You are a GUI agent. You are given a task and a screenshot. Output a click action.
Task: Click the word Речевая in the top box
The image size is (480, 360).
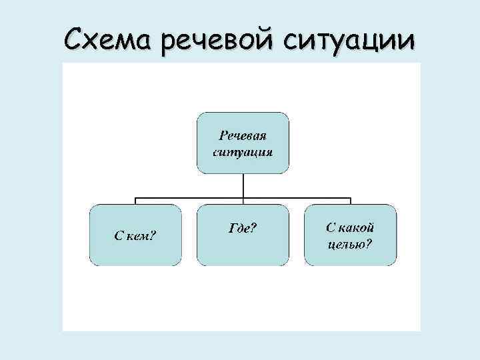click(x=243, y=136)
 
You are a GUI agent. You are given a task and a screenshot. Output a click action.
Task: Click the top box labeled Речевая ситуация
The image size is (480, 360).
click(x=243, y=143)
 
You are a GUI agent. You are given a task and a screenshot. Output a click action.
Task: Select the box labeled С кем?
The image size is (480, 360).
click(x=136, y=235)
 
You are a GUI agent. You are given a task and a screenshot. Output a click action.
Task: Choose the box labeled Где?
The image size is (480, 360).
click(x=243, y=235)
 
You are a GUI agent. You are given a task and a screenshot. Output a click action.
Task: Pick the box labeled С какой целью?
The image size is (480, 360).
click(x=350, y=235)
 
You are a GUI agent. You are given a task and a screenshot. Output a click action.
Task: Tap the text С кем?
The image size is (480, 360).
click(x=135, y=235)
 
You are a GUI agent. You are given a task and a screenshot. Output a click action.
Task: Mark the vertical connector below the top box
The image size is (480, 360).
click(x=243, y=186)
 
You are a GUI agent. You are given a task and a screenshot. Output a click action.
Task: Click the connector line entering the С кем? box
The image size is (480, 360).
click(x=136, y=201)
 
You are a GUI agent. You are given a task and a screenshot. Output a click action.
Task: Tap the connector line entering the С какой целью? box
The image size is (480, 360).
click(x=350, y=201)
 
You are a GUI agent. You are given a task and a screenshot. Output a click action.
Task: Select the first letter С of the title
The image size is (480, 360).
click(x=76, y=35)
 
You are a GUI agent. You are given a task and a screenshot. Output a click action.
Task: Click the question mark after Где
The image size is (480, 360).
click(x=254, y=229)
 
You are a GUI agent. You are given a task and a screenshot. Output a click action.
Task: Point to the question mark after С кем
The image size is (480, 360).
click(x=153, y=235)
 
